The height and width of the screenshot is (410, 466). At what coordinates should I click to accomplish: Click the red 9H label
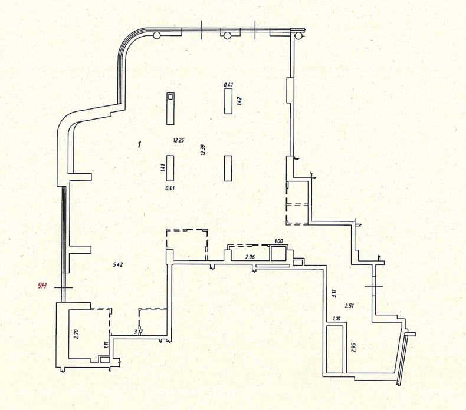[x=41, y=286]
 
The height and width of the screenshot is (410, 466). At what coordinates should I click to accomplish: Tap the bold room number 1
[x=139, y=144]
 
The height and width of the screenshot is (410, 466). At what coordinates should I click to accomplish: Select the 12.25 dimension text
[x=179, y=140]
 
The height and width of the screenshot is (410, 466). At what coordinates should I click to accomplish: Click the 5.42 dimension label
[x=118, y=264]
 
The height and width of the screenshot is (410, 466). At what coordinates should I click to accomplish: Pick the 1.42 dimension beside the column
[x=239, y=101]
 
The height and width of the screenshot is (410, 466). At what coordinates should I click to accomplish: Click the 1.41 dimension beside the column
[x=163, y=168]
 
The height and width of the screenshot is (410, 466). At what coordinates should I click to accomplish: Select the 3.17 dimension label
[x=138, y=332]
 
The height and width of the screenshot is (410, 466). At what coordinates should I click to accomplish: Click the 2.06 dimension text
[x=250, y=257]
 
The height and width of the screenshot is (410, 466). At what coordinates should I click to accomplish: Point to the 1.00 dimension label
[x=278, y=242]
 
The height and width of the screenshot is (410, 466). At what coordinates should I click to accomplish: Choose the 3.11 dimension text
[x=334, y=294]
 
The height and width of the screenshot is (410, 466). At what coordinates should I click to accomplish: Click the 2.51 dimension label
[x=349, y=306]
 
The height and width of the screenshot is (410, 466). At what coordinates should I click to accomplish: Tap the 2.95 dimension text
[x=353, y=347]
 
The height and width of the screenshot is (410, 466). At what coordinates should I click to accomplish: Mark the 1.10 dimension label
[x=337, y=319]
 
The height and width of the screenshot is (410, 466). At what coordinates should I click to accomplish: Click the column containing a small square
[x=170, y=108]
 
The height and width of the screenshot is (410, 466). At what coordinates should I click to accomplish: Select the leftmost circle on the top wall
[x=157, y=35]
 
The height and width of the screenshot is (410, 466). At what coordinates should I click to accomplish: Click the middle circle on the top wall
[x=227, y=35]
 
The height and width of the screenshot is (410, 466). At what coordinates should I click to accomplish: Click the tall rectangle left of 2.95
[x=335, y=349]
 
